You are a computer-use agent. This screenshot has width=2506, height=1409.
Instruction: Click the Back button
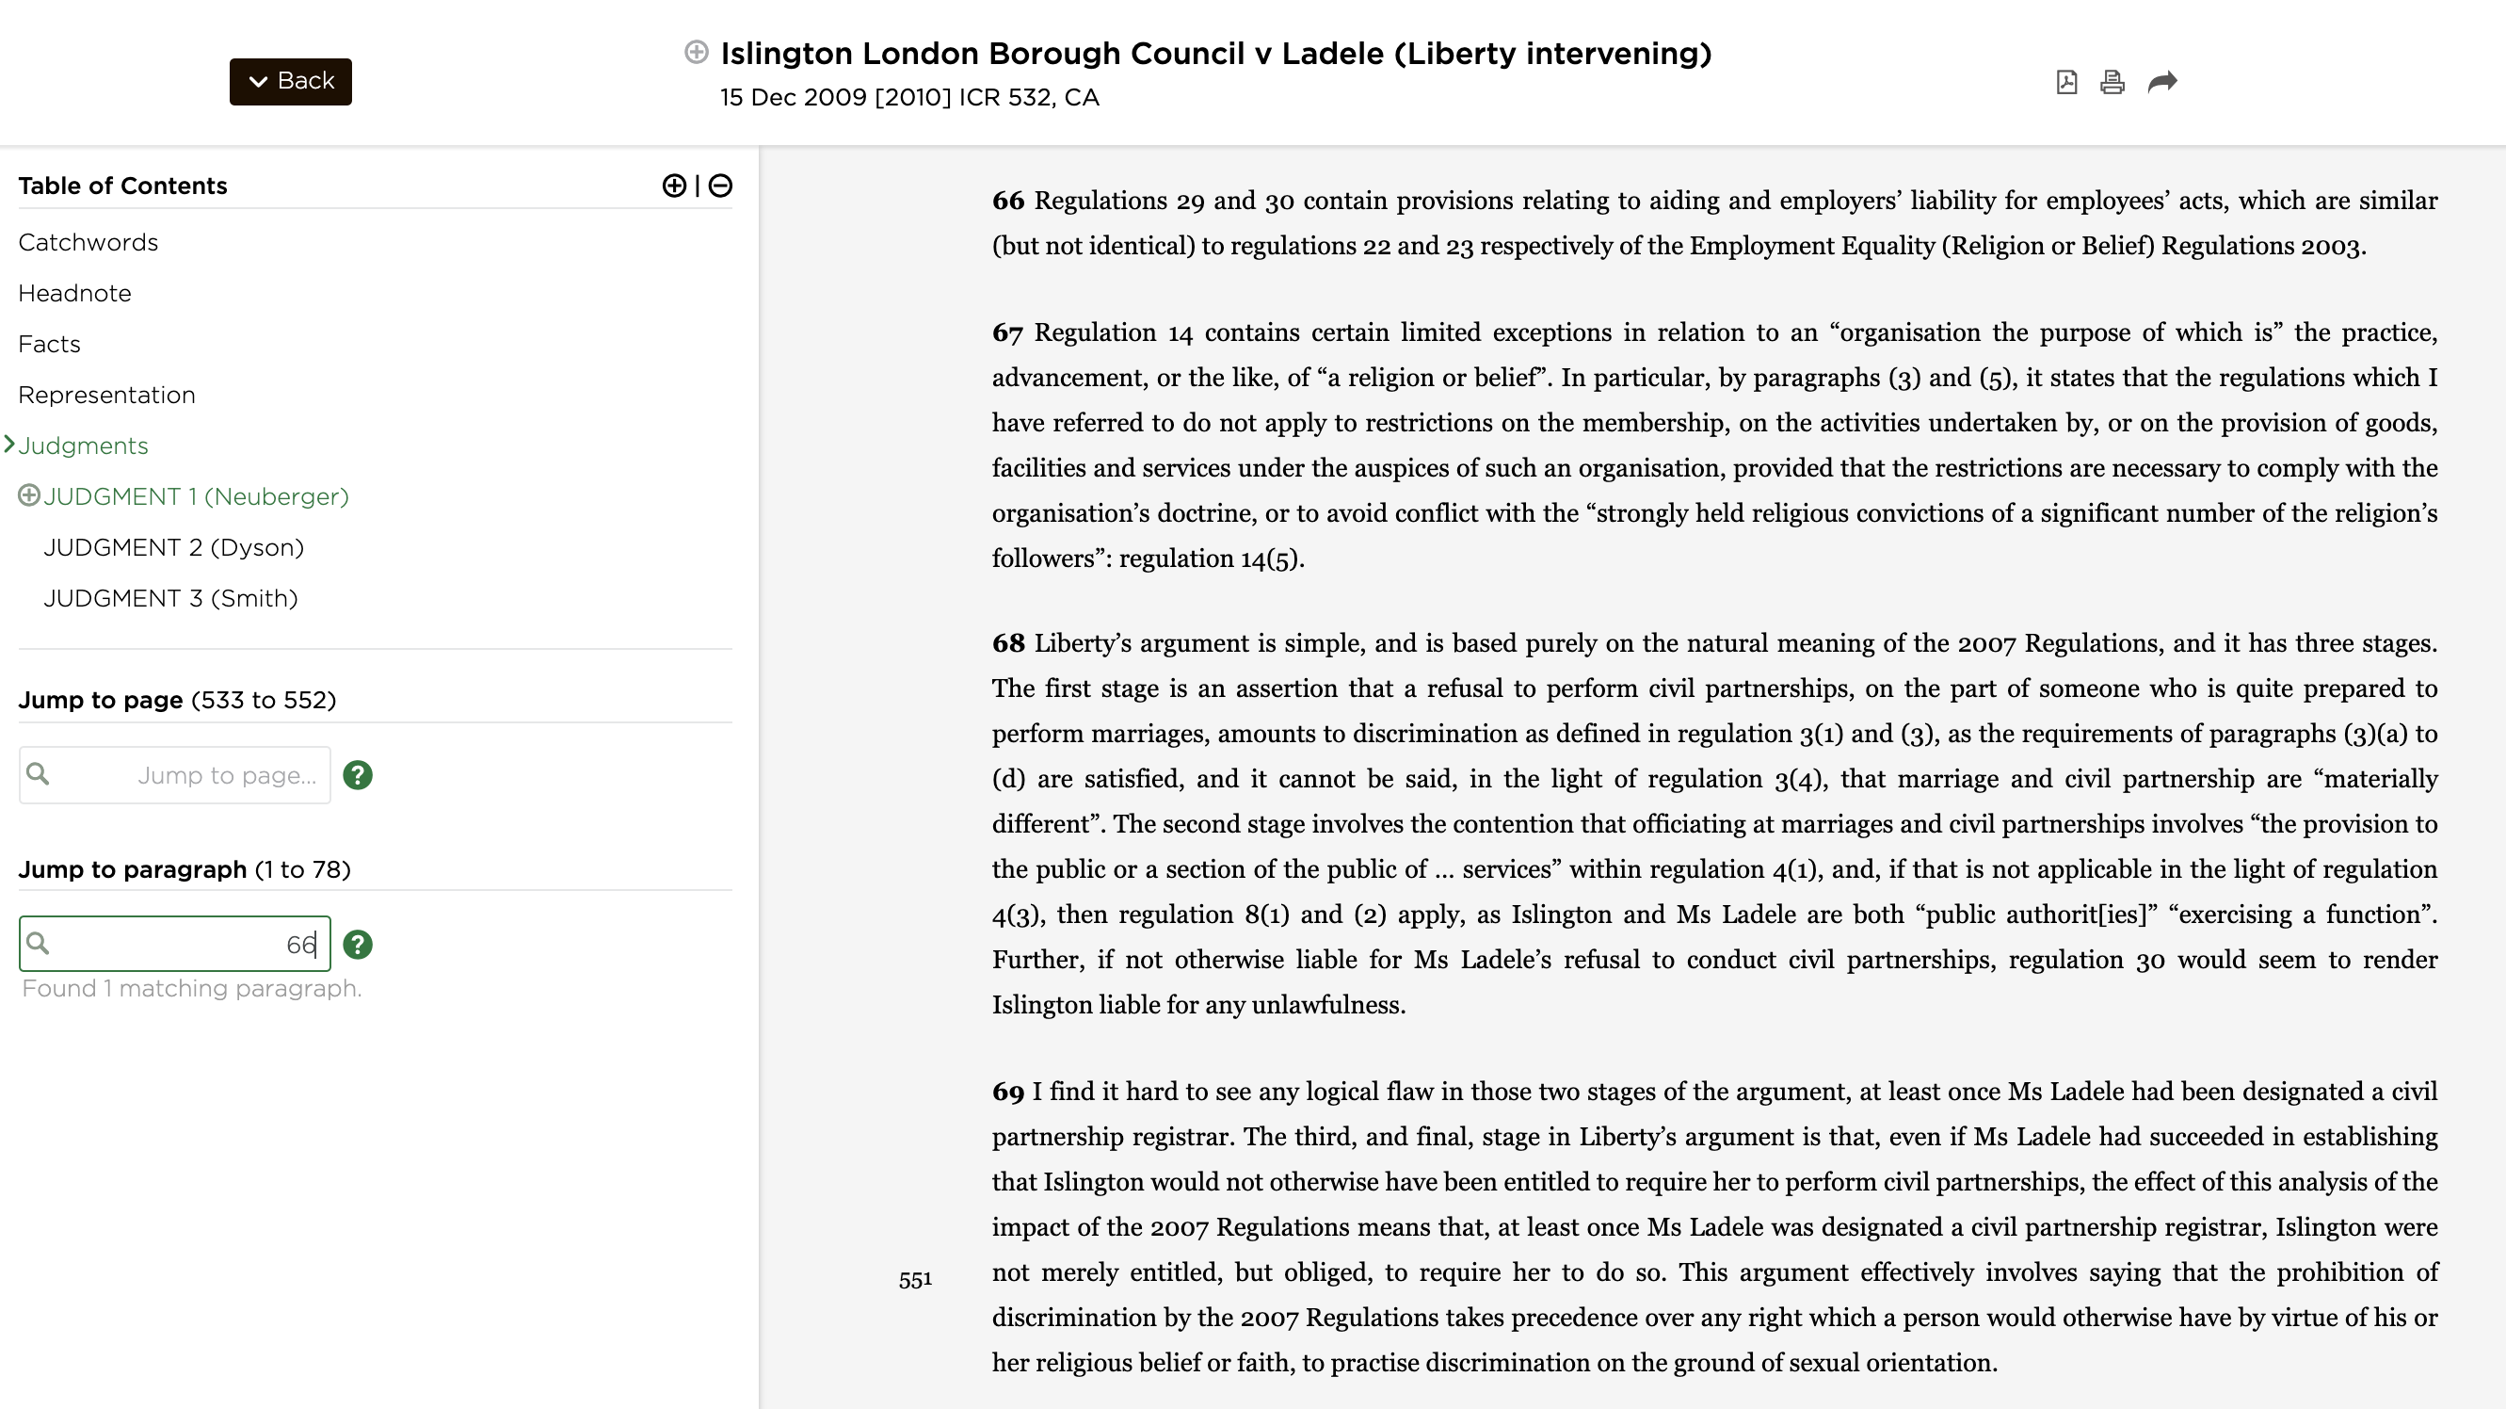(290, 81)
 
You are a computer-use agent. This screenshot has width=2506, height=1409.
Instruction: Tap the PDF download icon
(2066, 82)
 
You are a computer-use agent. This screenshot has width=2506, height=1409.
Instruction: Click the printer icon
(2112, 82)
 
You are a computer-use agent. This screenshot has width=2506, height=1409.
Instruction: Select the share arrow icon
(2161, 82)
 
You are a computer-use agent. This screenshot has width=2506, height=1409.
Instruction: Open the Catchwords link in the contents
(88, 242)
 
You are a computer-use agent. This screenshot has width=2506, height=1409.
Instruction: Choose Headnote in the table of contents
(74, 293)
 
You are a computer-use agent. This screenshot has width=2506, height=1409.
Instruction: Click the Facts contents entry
(49, 344)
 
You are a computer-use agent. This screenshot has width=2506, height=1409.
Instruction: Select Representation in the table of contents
(106, 394)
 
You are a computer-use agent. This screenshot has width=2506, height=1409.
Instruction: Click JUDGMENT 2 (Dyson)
(173, 547)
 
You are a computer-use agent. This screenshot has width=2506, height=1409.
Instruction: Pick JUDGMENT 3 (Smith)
(170, 597)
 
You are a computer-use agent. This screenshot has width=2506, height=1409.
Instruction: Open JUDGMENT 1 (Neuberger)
(196, 496)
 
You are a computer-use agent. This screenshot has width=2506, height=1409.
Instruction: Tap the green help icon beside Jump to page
(357, 774)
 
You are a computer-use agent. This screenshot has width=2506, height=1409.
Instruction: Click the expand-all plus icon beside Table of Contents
(673, 186)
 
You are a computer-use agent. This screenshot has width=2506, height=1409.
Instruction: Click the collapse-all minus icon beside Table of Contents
(720, 186)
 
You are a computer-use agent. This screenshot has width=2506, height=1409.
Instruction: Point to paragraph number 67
(1007, 332)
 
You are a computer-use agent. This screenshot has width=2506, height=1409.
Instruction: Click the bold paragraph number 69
(1007, 1092)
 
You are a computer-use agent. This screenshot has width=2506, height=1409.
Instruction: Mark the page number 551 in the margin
(914, 1281)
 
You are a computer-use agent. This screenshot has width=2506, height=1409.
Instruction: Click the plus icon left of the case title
(696, 52)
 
